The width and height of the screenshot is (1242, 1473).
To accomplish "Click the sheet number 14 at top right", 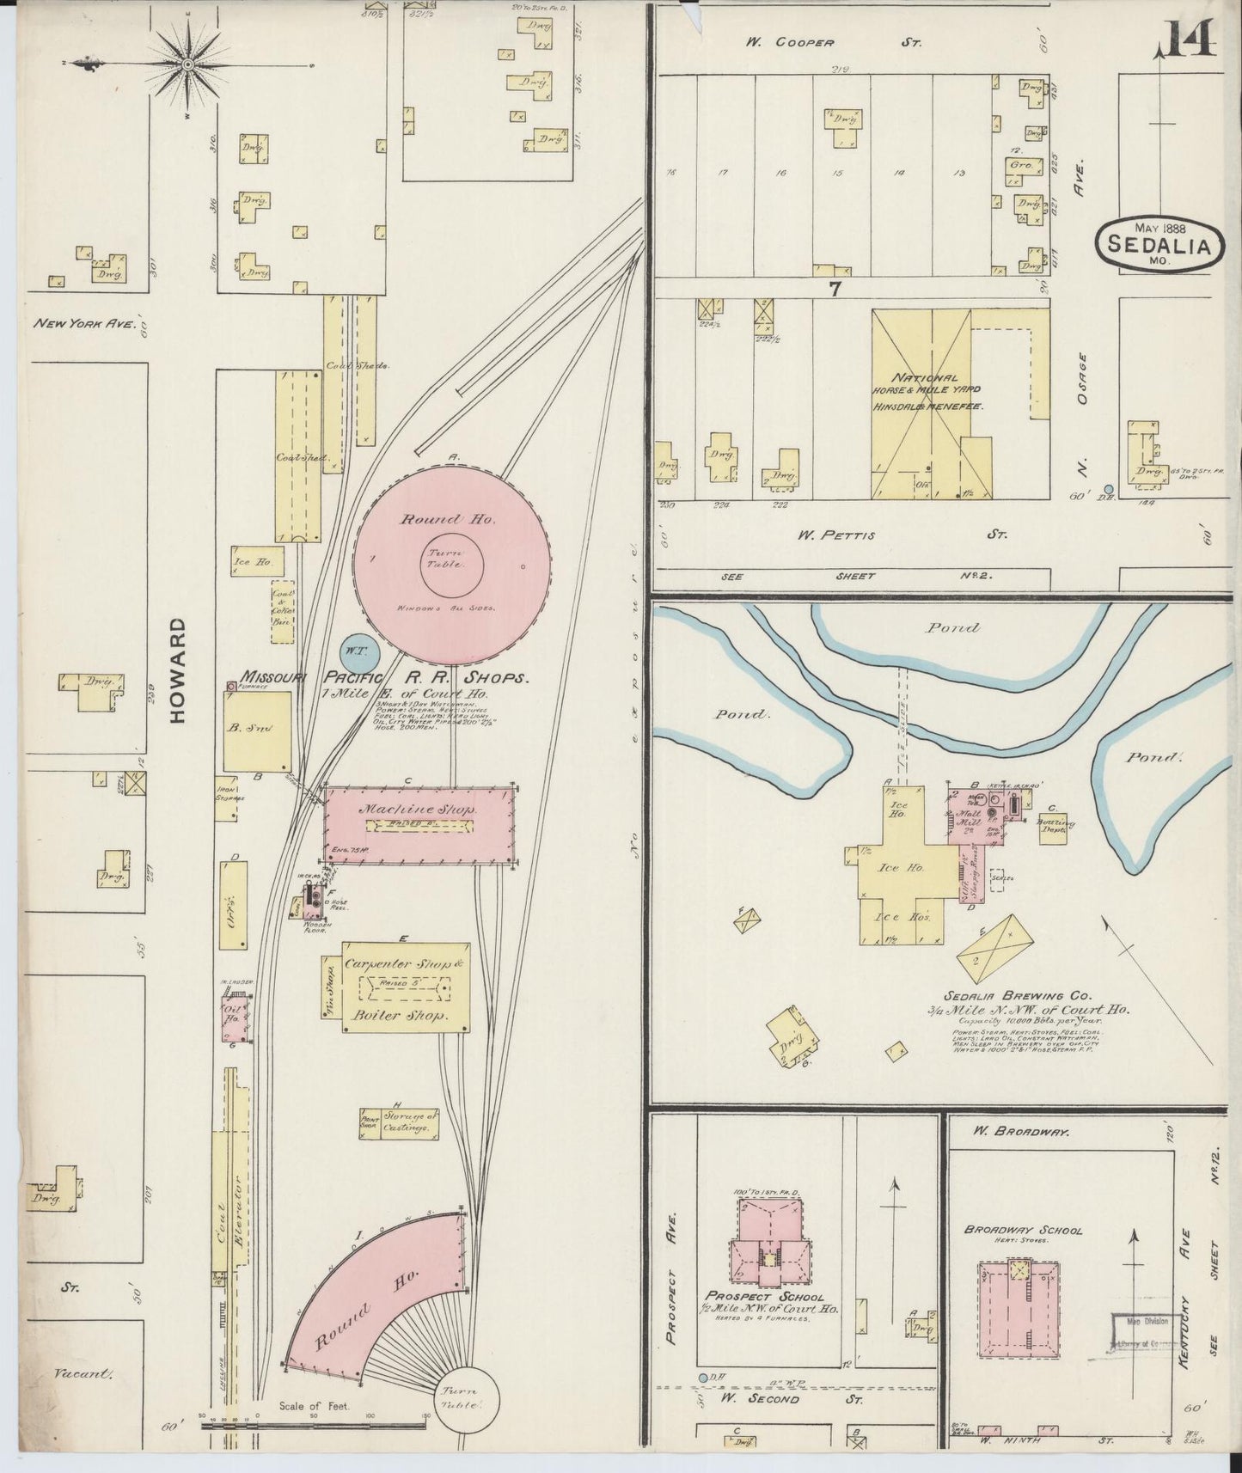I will [1191, 38].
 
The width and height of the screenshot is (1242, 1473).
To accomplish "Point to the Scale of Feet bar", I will [314, 1422].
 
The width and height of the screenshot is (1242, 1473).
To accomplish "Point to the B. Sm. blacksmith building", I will [256, 731].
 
